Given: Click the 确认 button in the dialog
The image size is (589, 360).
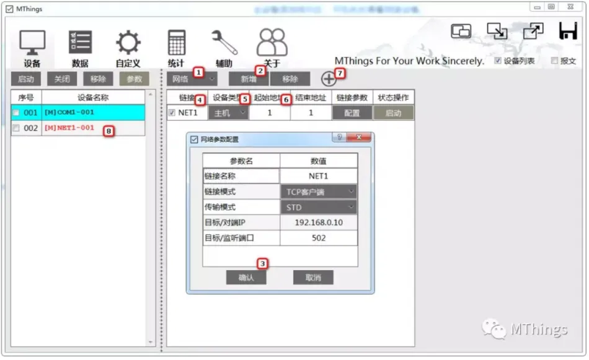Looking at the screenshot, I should (246, 278).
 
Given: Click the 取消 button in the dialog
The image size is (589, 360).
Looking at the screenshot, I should (313, 278).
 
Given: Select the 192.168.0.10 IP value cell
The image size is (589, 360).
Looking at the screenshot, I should (319, 222).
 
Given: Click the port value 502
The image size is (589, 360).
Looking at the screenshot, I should (319, 238).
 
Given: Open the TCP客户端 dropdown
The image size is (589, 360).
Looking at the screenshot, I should (319, 191).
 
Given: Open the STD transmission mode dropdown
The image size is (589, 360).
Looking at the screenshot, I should (319, 207).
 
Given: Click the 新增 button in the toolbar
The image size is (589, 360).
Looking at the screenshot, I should (248, 79).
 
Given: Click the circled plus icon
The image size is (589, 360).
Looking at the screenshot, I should (329, 79).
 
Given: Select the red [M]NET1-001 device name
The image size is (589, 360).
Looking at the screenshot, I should (69, 128).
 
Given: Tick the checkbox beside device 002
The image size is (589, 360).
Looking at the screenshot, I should (16, 128).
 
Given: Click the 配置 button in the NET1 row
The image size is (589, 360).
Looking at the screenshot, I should (352, 113).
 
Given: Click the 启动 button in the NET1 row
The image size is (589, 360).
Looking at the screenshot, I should (393, 113).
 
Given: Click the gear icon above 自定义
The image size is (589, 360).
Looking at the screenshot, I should (128, 42).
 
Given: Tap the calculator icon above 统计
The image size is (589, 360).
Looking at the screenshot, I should (176, 42).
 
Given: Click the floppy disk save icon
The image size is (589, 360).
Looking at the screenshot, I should (567, 31).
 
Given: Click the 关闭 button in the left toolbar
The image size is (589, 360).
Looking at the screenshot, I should (62, 79).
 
